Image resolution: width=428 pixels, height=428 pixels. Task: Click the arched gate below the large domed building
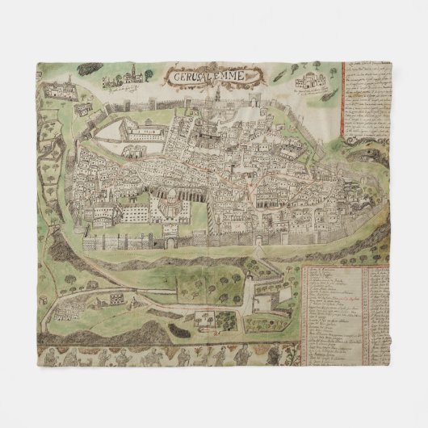pos(169,240)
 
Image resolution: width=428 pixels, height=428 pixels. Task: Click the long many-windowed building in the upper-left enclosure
pos(137,129)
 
